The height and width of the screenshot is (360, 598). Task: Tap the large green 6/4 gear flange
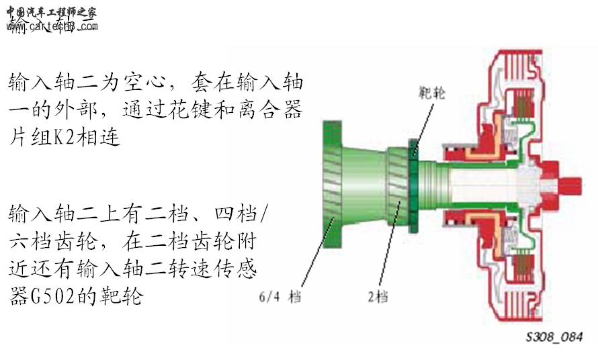point(334,181)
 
